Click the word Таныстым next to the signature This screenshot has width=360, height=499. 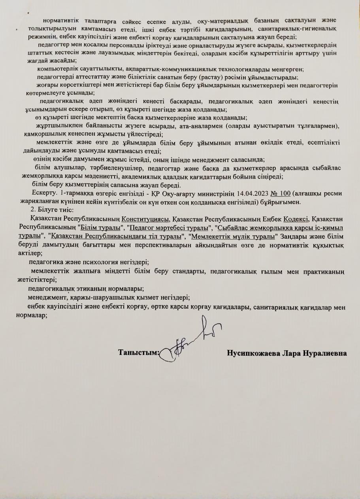click(x=138, y=353)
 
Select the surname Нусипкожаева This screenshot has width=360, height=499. click(x=253, y=353)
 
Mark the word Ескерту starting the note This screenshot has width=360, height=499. click(x=45, y=193)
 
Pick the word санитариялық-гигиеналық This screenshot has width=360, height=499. click(x=308, y=29)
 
